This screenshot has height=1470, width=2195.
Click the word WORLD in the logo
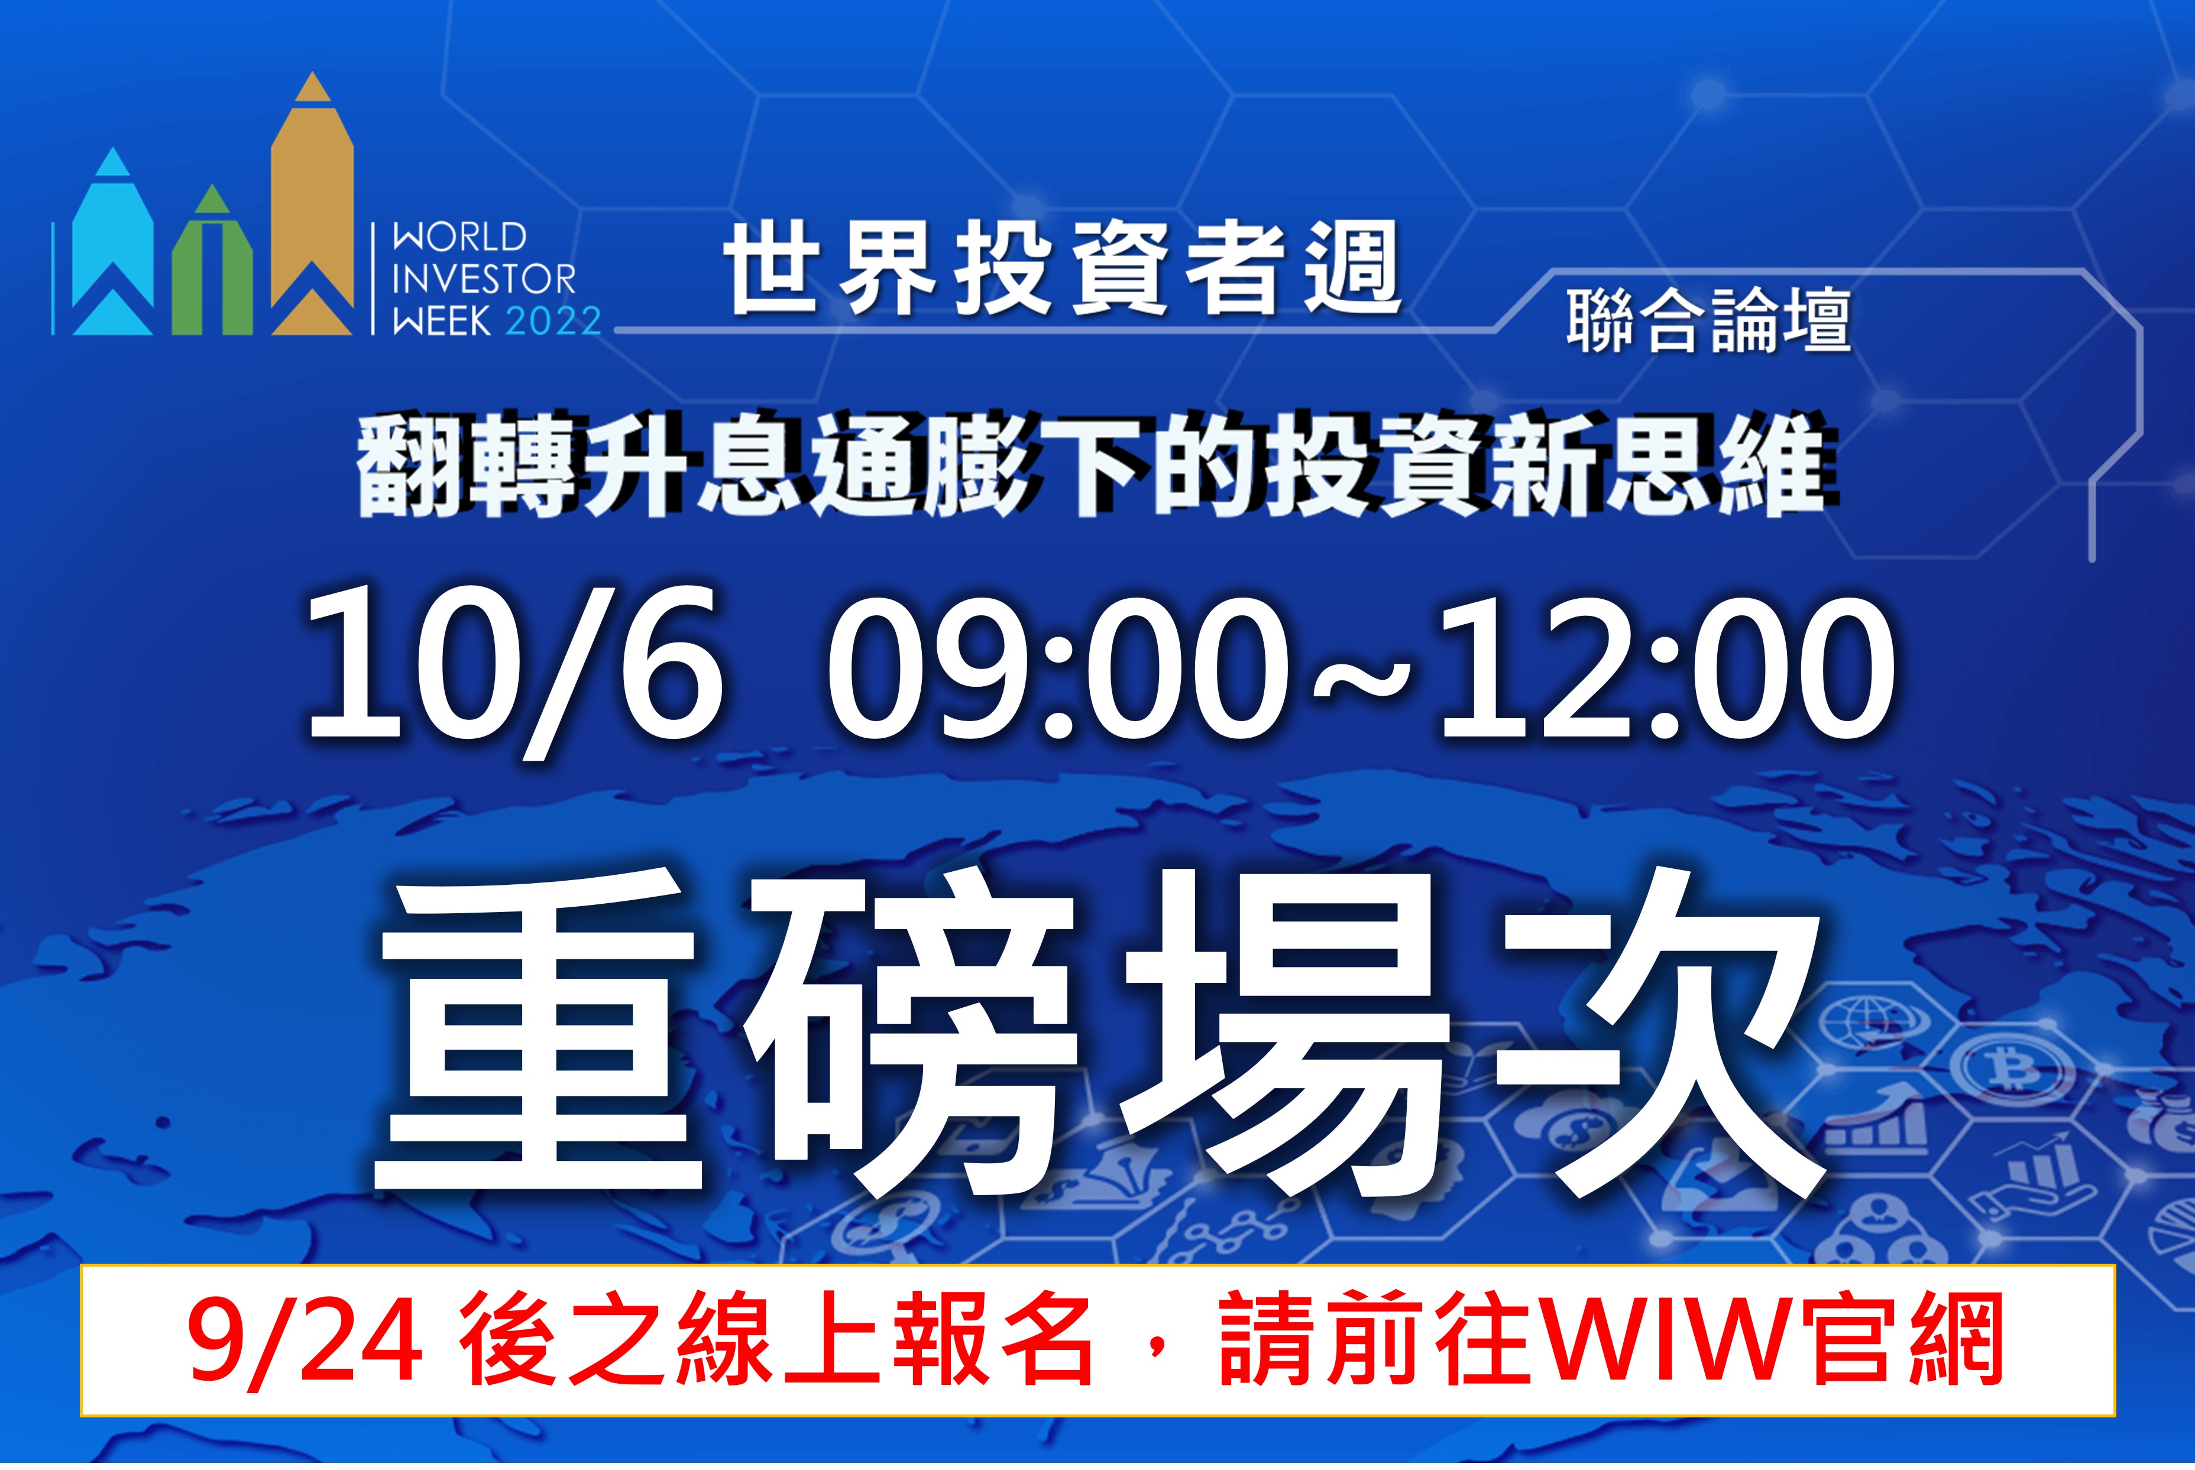tap(459, 237)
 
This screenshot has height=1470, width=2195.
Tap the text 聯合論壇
tap(1708, 320)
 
